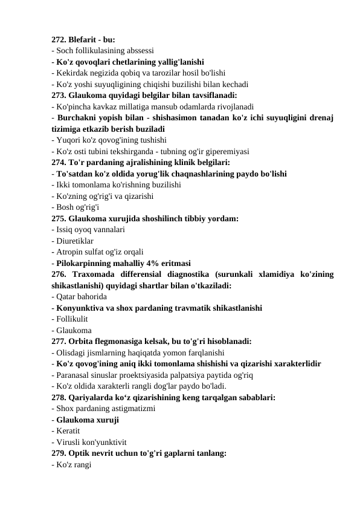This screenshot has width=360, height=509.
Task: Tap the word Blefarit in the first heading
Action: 85,39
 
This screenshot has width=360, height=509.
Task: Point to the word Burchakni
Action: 79,117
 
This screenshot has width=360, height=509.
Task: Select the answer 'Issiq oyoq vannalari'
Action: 91,230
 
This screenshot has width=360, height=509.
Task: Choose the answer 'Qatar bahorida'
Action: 82,297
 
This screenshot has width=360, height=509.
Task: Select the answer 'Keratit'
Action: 70,430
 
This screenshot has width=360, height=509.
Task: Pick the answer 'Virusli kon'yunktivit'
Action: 91,441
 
